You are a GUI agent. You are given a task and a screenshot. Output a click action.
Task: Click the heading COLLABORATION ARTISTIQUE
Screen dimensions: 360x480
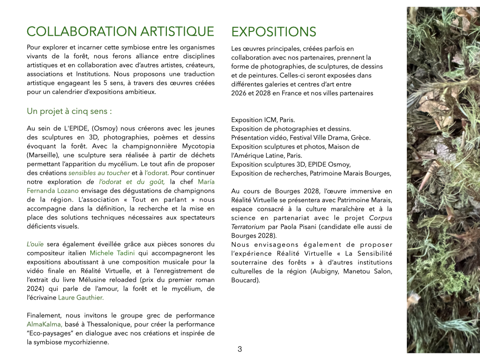click(x=120, y=31)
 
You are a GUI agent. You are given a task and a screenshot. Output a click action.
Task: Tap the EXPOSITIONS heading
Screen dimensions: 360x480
click(x=274, y=32)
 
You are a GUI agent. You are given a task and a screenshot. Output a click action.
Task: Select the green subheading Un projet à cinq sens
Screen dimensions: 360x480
click(x=69, y=112)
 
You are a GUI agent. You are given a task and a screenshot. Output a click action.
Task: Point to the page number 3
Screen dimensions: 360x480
click(x=240, y=349)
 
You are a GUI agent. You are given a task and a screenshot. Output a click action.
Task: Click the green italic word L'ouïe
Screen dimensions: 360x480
click(x=35, y=244)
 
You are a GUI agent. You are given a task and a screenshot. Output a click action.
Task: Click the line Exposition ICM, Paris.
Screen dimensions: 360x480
click(x=263, y=120)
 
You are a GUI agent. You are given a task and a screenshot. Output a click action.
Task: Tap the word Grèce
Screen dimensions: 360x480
click(x=360, y=138)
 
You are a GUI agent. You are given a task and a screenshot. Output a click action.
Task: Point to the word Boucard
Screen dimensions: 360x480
click(x=245, y=280)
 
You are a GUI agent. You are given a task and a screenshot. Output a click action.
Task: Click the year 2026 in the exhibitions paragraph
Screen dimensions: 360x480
click(x=239, y=93)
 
